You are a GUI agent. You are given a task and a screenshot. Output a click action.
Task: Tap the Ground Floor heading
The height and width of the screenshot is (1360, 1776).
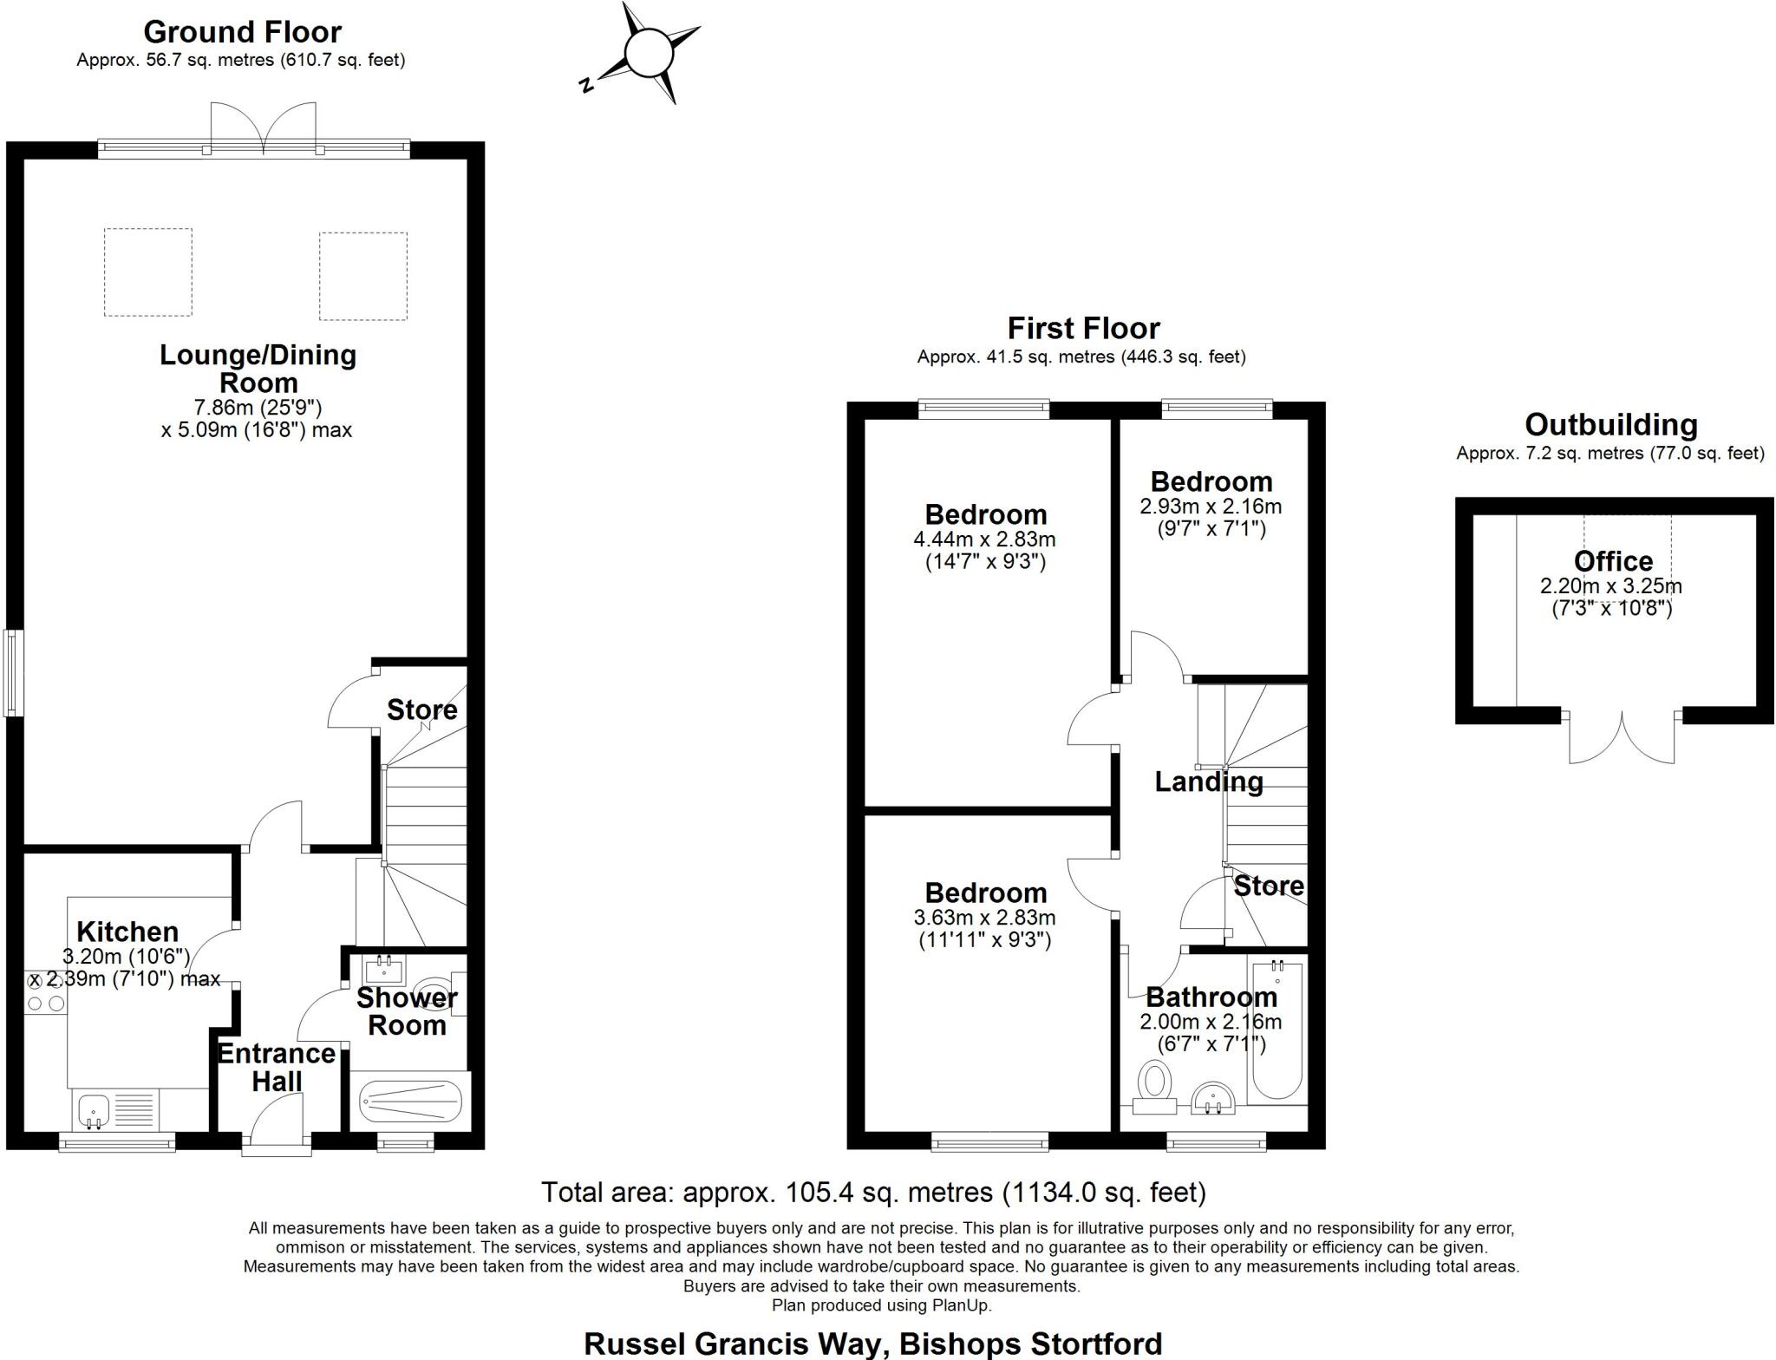click(x=242, y=32)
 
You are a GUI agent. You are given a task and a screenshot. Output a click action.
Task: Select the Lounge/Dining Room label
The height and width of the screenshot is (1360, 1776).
click(x=258, y=369)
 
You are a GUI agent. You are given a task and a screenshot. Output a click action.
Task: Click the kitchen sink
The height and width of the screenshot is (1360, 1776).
click(x=93, y=1109)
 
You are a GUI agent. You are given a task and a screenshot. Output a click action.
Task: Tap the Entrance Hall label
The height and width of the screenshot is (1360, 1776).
click(x=277, y=1068)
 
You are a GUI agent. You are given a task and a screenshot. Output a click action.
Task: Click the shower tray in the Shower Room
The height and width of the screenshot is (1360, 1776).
click(x=410, y=1102)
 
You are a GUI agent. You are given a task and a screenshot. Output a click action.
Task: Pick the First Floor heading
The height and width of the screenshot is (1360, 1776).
click(x=1083, y=328)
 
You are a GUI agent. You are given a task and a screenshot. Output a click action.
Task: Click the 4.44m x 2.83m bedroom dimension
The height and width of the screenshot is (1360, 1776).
click(x=984, y=539)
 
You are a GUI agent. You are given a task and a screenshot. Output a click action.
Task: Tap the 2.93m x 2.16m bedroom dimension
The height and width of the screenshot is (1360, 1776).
click(x=1211, y=507)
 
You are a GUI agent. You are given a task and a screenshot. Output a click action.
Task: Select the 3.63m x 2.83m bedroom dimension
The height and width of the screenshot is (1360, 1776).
click(x=984, y=918)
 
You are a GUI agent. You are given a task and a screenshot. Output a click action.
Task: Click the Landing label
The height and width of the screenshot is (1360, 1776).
click(x=1208, y=781)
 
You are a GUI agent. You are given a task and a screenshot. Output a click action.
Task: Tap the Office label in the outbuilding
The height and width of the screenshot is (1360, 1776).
click(x=1613, y=560)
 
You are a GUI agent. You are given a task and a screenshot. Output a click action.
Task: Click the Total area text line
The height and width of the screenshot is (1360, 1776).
click(x=873, y=1193)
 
